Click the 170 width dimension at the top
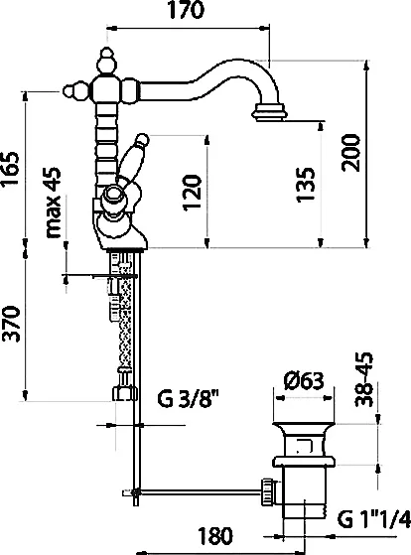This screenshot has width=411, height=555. [187, 10]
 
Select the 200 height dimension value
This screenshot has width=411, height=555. [350, 153]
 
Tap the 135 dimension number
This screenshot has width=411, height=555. [305, 184]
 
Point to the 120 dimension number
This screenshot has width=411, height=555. [193, 193]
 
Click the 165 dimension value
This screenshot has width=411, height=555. [10, 169]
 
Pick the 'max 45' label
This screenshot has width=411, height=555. [54, 203]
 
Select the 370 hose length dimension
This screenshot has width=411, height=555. [10, 324]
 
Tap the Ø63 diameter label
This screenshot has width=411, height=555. [304, 380]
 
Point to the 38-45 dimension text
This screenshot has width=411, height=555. [364, 379]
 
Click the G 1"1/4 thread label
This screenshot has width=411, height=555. [374, 519]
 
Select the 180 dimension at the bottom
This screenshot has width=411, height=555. [214, 536]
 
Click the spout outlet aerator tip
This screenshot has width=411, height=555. [269, 112]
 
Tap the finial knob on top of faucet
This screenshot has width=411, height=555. [107, 63]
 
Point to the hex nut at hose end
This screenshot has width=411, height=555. [125, 393]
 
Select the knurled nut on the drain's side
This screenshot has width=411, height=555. [268, 492]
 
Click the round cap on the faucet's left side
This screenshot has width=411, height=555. [75, 91]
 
